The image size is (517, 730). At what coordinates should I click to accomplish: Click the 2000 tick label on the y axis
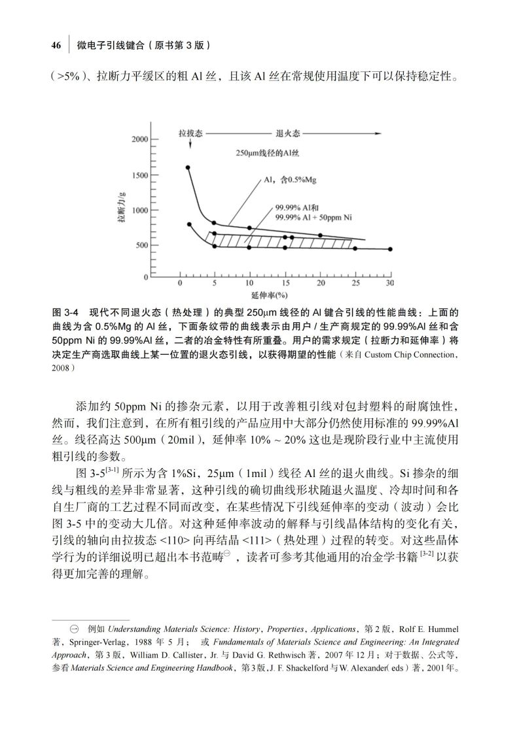(139, 139)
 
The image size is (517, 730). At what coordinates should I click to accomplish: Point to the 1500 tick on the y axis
(139, 175)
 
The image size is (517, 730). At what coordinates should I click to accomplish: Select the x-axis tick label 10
(249, 283)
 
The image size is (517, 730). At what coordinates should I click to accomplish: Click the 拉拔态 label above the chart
(191, 133)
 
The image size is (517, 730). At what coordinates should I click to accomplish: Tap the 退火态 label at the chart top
(288, 133)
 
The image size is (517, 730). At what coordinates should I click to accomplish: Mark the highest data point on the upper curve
(188, 167)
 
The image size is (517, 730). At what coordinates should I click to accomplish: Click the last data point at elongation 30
(391, 249)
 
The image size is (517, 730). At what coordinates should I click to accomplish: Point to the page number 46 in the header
(56, 46)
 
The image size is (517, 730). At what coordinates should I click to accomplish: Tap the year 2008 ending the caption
(61, 368)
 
